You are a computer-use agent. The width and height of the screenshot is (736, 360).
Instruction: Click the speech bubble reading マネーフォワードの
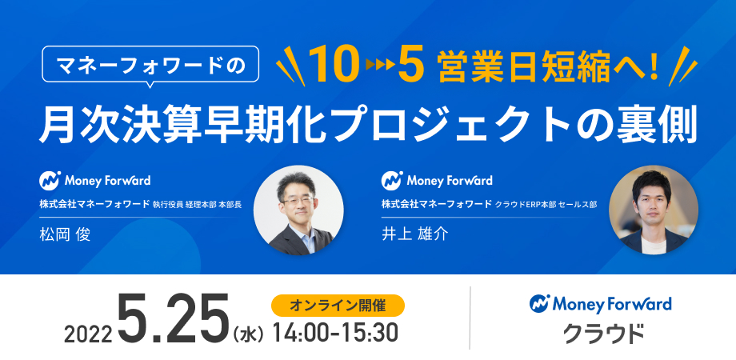(150, 64)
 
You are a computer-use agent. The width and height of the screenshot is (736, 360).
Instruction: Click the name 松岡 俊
(65, 234)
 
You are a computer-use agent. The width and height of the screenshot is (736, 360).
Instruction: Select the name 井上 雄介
(415, 234)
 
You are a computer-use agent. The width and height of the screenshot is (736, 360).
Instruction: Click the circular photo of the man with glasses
(298, 210)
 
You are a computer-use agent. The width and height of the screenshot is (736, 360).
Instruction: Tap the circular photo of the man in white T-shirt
(654, 210)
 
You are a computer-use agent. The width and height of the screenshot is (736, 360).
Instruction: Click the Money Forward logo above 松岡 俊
(95, 180)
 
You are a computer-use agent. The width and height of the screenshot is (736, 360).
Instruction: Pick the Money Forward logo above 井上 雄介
(437, 180)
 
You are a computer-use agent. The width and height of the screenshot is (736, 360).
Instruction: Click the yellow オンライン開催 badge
(338, 305)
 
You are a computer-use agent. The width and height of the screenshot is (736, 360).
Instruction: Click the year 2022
(88, 334)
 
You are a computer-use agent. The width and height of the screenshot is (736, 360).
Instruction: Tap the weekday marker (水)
(248, 334)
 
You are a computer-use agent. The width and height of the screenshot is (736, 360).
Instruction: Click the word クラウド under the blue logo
(603, 334)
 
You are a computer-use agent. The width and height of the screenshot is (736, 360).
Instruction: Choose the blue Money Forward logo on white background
(600, 304)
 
